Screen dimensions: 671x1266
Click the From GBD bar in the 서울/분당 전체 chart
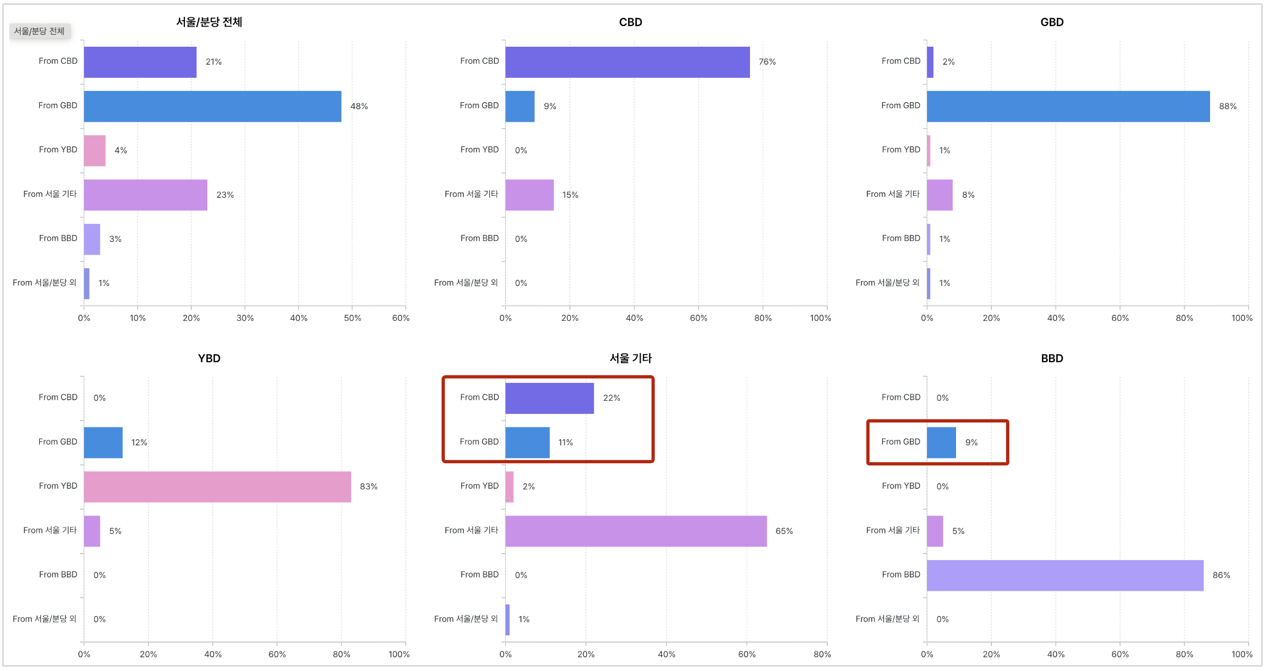pyautogui.click(x=212, y=106)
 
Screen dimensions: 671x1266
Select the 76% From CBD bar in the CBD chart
pyautogui.click(x=627, y=62)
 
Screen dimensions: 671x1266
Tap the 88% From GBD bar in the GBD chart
pyautogui.click(x=1068, y=106)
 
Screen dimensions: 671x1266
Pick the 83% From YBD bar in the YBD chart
pyautogui.click(x=217, y=487)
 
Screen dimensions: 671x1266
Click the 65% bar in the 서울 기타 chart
pyautogui.click(x=636, y=531)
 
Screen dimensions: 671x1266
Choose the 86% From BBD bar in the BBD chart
pyautogui.click(x=1065, y=575)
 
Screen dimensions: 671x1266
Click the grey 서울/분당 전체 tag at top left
pyautogui.click(x=39, y=31)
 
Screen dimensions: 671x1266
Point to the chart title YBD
pyautogui.click(x=209, y=358)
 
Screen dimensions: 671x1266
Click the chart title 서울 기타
pyautogui.click(x=630, y=358)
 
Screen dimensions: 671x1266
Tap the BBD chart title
pyautogui.click(x=1052, y=358)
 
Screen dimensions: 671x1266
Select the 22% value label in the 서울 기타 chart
pyautogui.click(x=611, y=398)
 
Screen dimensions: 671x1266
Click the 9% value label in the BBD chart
pyautogui.click(x=971, y=443)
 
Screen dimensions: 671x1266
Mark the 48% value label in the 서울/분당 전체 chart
pyautogui.click(x=359, y=107)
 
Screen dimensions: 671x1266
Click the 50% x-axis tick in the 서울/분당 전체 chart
pyautogui.click(x=352, y=318)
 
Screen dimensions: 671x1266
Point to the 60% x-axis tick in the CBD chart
pyautogui.click(x=698, y=318)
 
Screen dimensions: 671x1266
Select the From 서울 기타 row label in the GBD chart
pyautogui.click(x=892, y=194)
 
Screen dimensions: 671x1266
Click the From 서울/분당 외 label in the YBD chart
pyautogui.click(x=45, y=619)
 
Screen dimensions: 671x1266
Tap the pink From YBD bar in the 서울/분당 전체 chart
pyautogui.click(x=95, y=151)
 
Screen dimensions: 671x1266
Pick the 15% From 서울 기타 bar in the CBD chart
pyautogui.click(x=529, y=195)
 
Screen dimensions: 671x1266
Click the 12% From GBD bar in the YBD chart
pyautogui.click(x=103, y=443)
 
